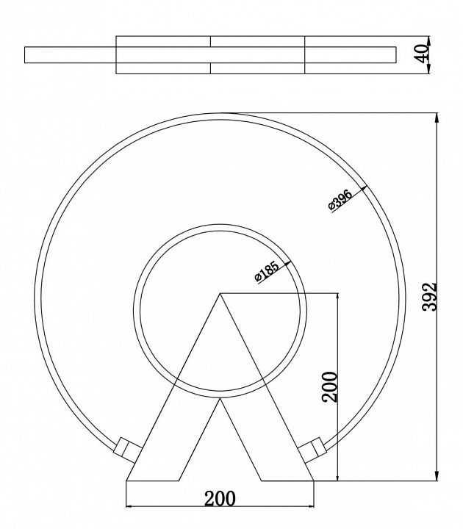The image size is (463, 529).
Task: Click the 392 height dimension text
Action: (x=430, y=297)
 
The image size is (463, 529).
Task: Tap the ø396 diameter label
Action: (x=340, y=199)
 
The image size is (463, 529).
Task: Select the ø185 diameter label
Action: (x=267, y=271)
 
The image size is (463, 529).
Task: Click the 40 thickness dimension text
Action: (x=422, y=54)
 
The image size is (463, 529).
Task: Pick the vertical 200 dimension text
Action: (x=330, y=387)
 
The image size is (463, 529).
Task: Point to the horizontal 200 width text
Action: (x=220, y=498)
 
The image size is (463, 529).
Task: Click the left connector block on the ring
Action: (x=128, y=450)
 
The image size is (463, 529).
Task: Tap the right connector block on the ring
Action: (x=312, y=450)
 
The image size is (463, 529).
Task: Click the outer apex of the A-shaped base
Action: (x=220, y=293)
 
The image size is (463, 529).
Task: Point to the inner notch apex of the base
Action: (x=220, y=398)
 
